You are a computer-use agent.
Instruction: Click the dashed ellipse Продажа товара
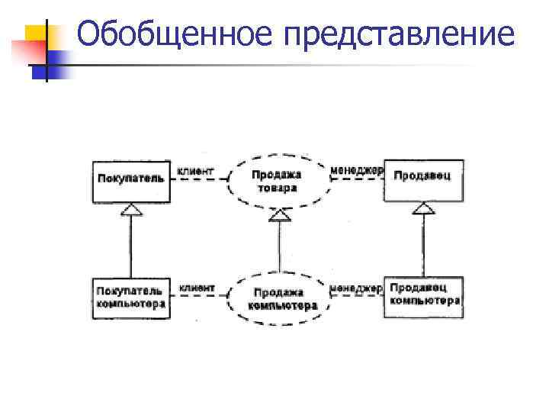(x=277, y=180)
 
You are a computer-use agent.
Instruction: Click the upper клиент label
(x=196, y=171)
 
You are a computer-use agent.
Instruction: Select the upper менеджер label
(x=357, y=170)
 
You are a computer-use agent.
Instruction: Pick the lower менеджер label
(x=357, y=288)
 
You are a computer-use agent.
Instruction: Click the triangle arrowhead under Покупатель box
(x=132, y=208)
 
